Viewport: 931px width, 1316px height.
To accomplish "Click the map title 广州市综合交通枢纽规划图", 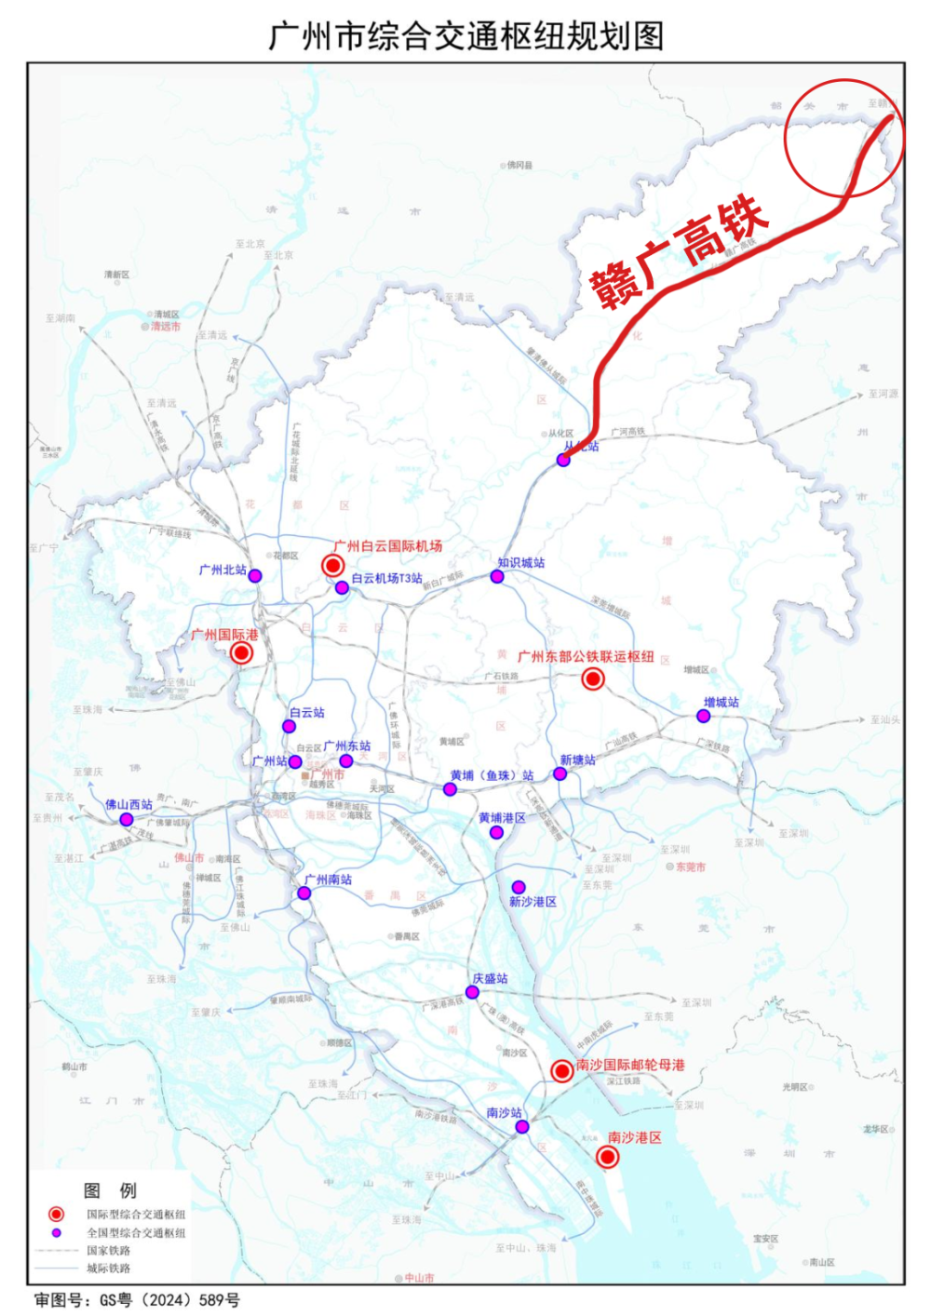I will (465, 36).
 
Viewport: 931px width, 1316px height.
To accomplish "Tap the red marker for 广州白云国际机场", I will (332, 565).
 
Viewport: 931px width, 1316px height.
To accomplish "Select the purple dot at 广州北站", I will (255, 576).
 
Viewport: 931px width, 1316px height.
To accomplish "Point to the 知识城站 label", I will (520, 562).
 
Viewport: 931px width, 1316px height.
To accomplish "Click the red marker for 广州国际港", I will (241, 653).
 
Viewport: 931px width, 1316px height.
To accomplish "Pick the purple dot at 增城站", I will (704, 716).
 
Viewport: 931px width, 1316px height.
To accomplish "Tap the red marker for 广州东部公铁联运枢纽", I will (592, 678).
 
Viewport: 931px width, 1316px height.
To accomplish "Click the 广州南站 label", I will (328, 879).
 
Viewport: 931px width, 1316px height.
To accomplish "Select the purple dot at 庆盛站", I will (473, 992).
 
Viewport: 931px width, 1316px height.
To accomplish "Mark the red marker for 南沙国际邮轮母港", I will (561, 1071).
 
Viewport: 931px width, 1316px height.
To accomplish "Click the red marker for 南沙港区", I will (607, 1157).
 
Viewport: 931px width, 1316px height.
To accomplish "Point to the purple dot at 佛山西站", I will (127, 819).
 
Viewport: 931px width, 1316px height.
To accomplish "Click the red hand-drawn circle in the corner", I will (843, 137).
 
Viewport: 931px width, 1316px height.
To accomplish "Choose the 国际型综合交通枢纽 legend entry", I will (136, 1214).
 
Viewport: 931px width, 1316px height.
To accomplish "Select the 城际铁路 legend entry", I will (108, 1268).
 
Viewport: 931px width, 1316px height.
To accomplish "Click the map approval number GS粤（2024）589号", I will (138, 1299).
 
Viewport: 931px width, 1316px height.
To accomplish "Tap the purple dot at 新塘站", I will (560, 773).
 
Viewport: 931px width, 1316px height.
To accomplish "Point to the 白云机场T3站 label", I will (386, 578).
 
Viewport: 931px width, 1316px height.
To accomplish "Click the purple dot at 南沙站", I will (522, 1126).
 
